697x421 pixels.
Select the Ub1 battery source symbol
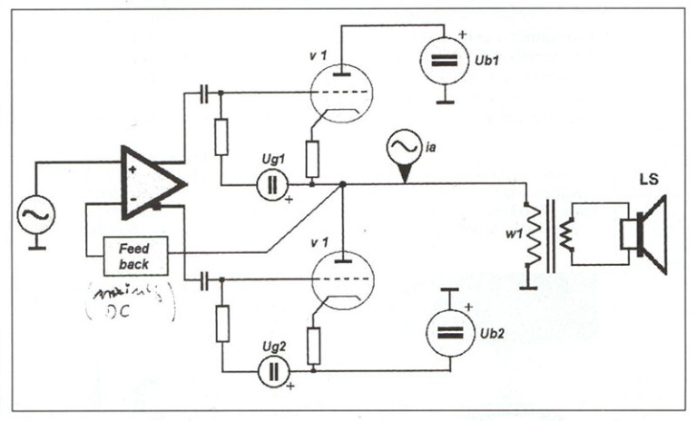443,60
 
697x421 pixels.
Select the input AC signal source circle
37,217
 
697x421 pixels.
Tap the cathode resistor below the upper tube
311,160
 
